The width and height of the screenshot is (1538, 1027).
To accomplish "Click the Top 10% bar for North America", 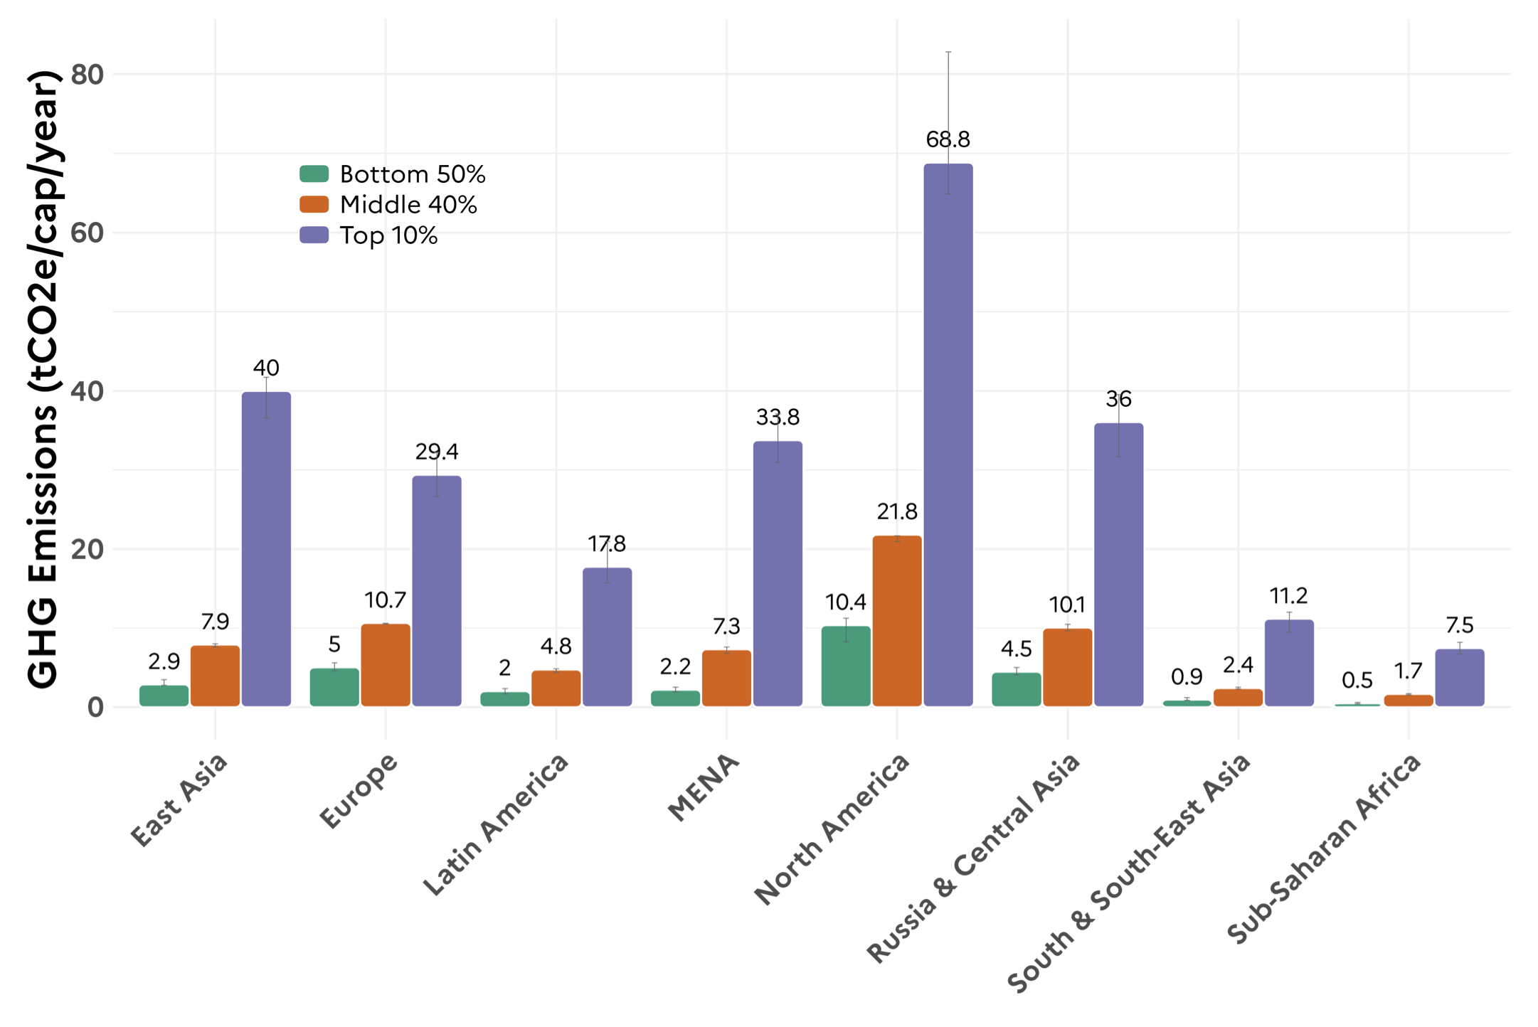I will tap(948, 434).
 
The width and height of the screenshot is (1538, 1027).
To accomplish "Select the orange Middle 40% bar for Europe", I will tap(386, 665).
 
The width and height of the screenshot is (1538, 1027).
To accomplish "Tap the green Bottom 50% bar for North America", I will tap(846, 666).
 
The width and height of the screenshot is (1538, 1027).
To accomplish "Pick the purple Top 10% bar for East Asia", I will tap(266, 548).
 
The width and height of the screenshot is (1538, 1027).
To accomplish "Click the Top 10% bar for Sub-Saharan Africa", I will tap(1459, 678).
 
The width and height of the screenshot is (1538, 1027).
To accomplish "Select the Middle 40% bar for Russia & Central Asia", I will tap(1067, 667).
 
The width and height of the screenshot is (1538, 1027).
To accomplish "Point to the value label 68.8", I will tap(948, 139).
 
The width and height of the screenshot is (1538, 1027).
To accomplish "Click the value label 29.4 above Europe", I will tap(437, 452).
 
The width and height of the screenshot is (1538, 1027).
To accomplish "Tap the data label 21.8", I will tap(897, 511).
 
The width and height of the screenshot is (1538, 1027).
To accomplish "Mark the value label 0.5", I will tap(1357, 681).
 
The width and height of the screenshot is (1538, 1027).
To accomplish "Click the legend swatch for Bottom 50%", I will tap(314, 174).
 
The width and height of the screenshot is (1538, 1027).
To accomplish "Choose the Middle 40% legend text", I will tap(408, 205).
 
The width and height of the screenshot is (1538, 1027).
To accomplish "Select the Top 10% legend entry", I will tap(388, 235).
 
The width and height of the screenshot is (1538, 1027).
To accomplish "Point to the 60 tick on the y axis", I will tap(87, 233).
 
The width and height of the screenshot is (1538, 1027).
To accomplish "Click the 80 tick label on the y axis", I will tap(87, 74).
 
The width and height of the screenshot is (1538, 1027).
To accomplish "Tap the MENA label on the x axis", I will tap(703, 787).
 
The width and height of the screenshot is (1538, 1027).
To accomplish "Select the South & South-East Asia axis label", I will tap(1128, 872).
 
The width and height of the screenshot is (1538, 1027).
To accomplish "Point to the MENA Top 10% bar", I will tap(778, 573).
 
